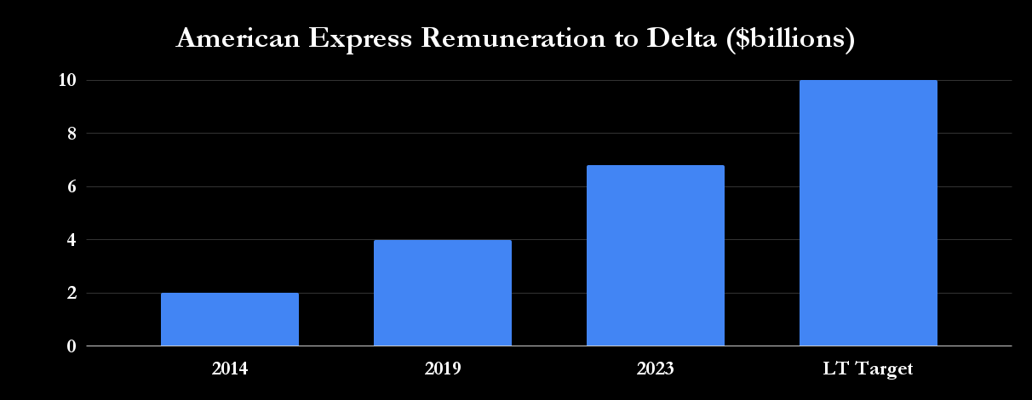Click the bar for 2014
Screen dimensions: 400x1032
pos(230,320)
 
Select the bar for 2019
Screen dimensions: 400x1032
pos(443,293)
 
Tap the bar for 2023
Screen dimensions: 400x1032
pos(656,255)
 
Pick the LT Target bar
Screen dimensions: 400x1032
pos(869,213)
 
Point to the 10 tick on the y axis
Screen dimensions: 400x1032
pos(67,80)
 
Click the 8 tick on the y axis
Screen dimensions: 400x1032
pos(72,134)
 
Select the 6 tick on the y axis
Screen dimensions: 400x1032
pos(72,186)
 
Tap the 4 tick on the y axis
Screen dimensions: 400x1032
pos(72,240)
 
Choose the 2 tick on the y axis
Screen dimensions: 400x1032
pos(72,293)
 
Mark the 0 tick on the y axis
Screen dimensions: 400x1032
pos(72,346)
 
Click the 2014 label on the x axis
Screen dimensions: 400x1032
pos(230,369)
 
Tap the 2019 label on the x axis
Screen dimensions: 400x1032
pos(443,369)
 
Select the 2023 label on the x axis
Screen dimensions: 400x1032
pos(656,369)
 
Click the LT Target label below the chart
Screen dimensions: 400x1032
pos(869,369)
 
